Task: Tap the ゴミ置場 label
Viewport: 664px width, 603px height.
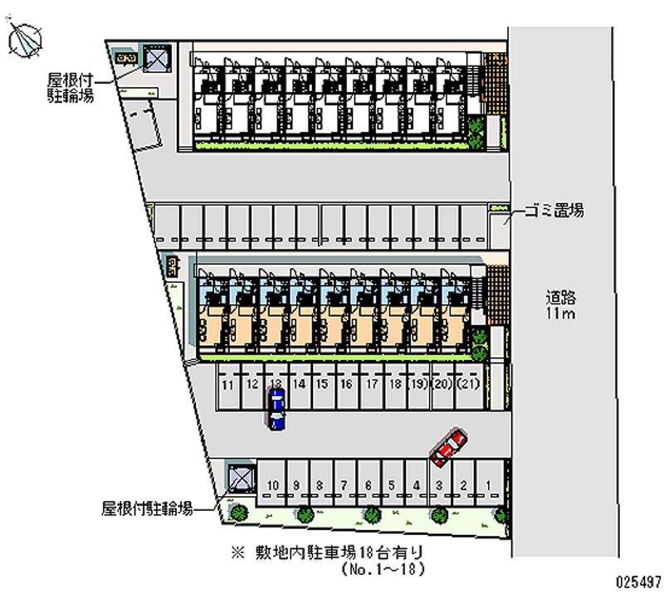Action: pos(554,211)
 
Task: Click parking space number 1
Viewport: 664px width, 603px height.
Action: pos(490,486)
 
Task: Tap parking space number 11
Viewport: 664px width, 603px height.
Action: pos(227,384)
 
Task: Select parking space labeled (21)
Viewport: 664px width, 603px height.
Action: pos(469,384)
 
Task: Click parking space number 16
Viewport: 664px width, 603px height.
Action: pos(347,384)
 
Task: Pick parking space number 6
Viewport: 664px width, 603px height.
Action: pos(368,486)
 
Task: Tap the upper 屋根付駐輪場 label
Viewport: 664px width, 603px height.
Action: pos(70,87)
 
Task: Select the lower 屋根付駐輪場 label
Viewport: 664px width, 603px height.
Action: pos(148,508)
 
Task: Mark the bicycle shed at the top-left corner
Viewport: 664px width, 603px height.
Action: pos(155,59)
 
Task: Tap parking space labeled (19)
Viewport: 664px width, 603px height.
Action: pos(419,384)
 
